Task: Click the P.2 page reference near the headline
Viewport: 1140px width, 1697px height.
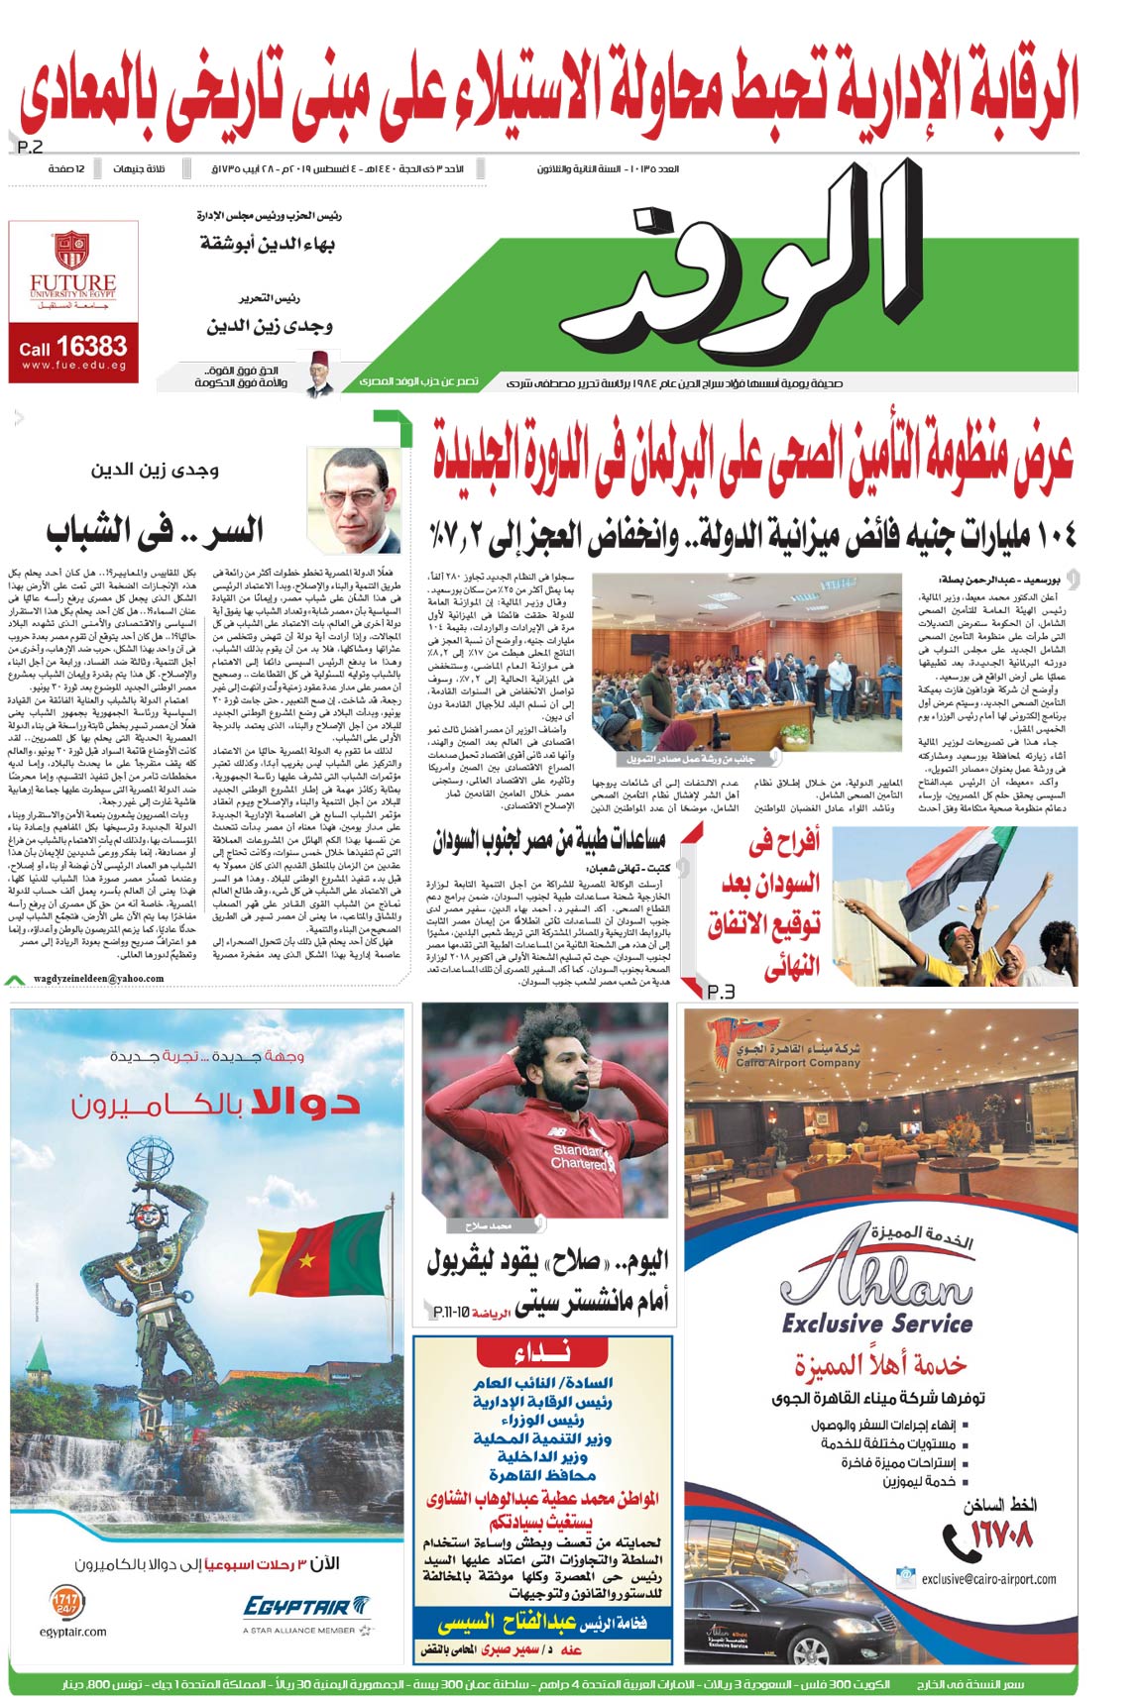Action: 31,148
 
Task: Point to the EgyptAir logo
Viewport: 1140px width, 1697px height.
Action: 306,1606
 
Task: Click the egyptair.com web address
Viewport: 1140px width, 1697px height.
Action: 73,1632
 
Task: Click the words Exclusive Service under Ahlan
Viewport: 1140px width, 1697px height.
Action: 876,1324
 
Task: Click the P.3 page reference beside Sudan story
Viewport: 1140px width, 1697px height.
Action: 721,992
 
